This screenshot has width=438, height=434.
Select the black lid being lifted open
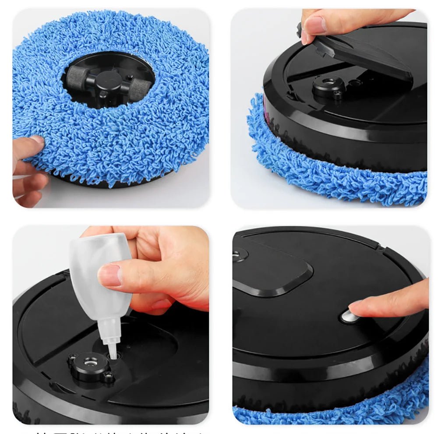coord(364,57)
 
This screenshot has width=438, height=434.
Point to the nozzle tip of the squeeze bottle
coord(113,355)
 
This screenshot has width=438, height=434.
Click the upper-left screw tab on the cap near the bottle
coord(72,357)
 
